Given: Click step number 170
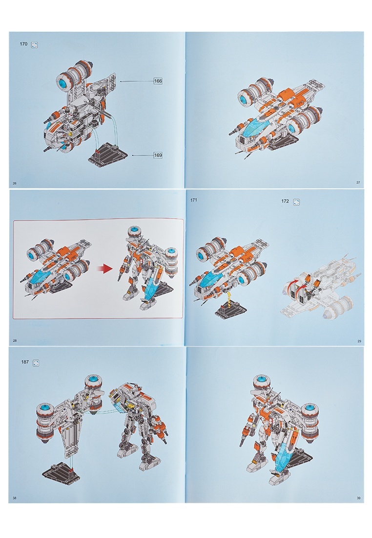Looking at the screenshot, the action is (x=23, y=44).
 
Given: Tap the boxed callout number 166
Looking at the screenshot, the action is (x=158, y=81).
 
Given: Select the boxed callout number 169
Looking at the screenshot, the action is (x=158, y=155).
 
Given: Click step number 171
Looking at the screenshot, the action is (x=193, y=200).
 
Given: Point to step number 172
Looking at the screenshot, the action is (x=285, y=202).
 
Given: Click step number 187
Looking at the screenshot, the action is (x=25, y=361).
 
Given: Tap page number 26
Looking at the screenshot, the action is (x=14, y=183).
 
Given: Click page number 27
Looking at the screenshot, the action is (x=358, y=182).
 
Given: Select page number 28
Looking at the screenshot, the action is (x=15, y=341).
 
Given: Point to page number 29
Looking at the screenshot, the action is (x=359, y=341).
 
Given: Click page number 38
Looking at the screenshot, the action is (x=14, y=498).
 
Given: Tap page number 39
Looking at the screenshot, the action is (x=358, y=498).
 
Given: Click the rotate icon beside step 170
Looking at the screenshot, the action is (x=35, y=45).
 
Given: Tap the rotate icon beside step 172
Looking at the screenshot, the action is (x=297, y=202).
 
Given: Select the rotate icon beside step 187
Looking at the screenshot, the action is (x=36, y=363).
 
